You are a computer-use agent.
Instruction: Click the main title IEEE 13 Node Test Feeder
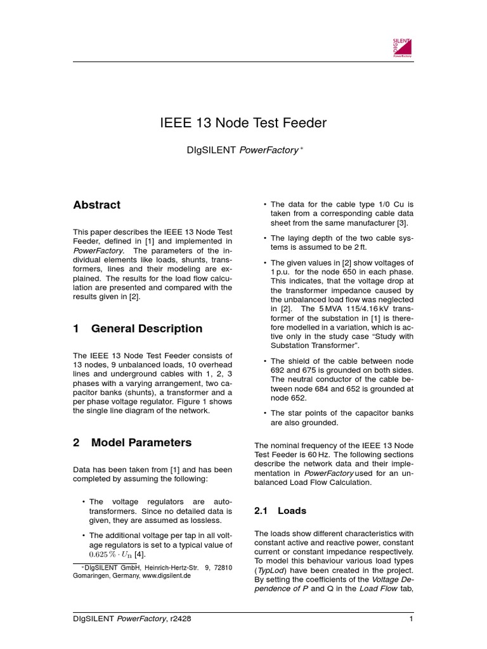243,123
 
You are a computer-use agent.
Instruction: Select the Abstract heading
96,205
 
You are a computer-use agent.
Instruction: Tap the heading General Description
147,328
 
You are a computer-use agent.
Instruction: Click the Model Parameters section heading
141,442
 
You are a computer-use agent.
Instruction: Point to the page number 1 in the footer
411,619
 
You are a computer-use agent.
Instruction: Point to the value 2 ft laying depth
360,247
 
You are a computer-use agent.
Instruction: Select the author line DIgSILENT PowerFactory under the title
243,150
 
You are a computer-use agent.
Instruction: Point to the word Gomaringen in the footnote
93,576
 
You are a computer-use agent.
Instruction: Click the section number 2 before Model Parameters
76,442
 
